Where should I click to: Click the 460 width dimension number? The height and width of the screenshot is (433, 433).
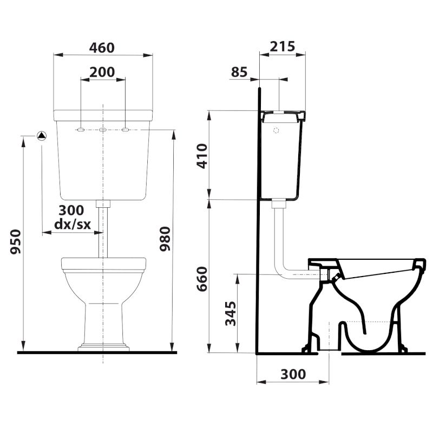(x=102, y=48)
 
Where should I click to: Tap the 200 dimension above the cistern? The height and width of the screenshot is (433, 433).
(x=102, y=72)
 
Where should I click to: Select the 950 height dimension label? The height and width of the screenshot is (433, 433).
(x=16, y=241)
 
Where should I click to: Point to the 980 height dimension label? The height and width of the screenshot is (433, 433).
(x=165, y=239)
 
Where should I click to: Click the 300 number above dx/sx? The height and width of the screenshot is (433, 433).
(x=71, y=211)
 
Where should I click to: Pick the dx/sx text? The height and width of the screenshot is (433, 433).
(x=73, y=224)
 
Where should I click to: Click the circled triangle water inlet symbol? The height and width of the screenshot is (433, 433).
(x=42, y=136)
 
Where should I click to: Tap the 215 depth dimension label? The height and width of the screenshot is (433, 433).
(x=282, y=47)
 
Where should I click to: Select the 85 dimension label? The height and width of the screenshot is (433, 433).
(x=239, y=72)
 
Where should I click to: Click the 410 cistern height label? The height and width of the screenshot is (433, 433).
(x=202, y=156)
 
